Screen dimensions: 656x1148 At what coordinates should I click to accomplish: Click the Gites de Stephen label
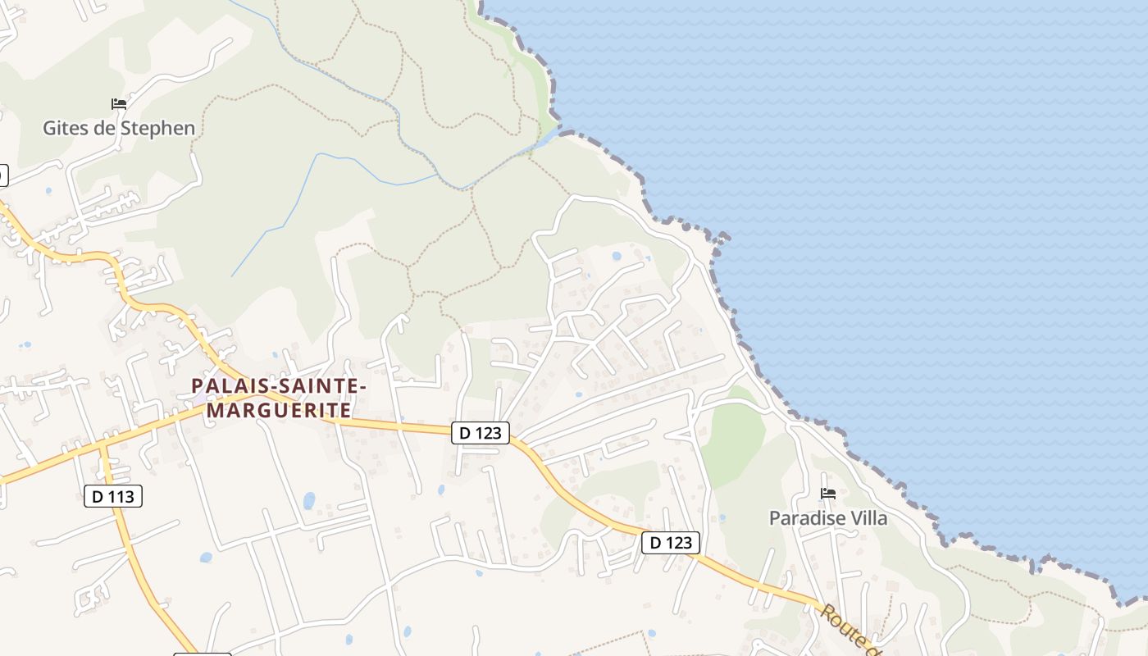[x=119, y=128]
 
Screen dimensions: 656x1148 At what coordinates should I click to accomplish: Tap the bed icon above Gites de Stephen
[x=119, y=104]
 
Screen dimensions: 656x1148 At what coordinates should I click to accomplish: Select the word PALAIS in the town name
[x=226, y=385]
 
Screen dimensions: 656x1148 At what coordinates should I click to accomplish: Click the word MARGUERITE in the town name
[x=279, y=408]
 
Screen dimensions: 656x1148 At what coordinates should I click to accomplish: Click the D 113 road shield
[x=113, y=495]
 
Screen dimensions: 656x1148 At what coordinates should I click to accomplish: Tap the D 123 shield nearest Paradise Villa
[x=671, y=542]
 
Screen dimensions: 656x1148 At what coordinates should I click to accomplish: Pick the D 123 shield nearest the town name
[x=481, y=432]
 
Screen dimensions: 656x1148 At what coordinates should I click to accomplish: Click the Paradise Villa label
[x=827, y=517]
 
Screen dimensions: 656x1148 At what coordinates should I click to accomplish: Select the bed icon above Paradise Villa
[x=828, y=494]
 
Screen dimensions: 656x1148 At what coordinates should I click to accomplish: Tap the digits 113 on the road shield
[x=123, y=495]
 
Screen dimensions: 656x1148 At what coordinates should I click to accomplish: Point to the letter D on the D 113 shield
[x=98, y=495]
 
